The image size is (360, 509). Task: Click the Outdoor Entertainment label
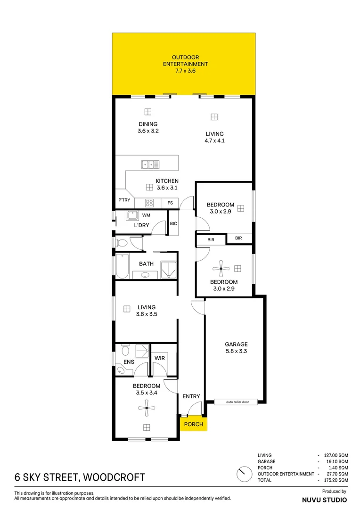tap(185, 61)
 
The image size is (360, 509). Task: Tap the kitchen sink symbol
tap(150, 164)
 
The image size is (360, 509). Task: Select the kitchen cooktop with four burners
tap(149, 203)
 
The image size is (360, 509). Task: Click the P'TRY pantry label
tap(124, 200)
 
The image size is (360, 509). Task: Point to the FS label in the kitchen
tap(170, 203)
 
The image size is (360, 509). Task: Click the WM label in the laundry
tap(146, 215)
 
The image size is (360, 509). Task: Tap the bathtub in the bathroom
tap(122, 266)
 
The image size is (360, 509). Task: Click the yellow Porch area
tap(193, 424)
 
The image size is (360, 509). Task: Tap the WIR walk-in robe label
tap(159, 358)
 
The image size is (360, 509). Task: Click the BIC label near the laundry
tap(173, 223)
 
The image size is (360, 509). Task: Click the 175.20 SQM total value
tap(335, 480)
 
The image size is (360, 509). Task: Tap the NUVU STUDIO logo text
tap(324, 499)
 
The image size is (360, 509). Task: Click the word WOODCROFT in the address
tap(113, 477)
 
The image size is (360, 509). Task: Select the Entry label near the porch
tap(191, 396)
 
